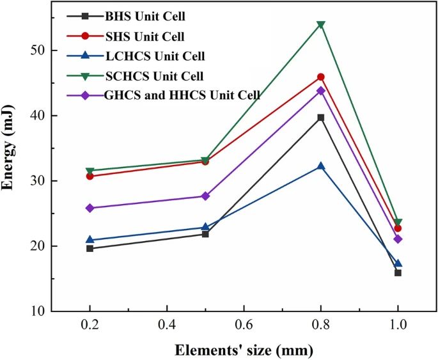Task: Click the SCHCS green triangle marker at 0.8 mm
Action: point(321,25)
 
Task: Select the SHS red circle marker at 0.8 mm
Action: point(321,77)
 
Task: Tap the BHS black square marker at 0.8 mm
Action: point(321,118)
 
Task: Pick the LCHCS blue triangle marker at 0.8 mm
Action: point(321,166)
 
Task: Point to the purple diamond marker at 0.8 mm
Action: point(321,91)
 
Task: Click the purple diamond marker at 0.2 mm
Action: point(90,208)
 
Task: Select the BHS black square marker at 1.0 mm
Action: point(398,272)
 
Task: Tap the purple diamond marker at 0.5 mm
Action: point(205,196)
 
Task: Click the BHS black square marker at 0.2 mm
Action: point(90,248)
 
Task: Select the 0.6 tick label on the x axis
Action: point(244,325)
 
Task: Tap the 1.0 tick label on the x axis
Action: point(398,325)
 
